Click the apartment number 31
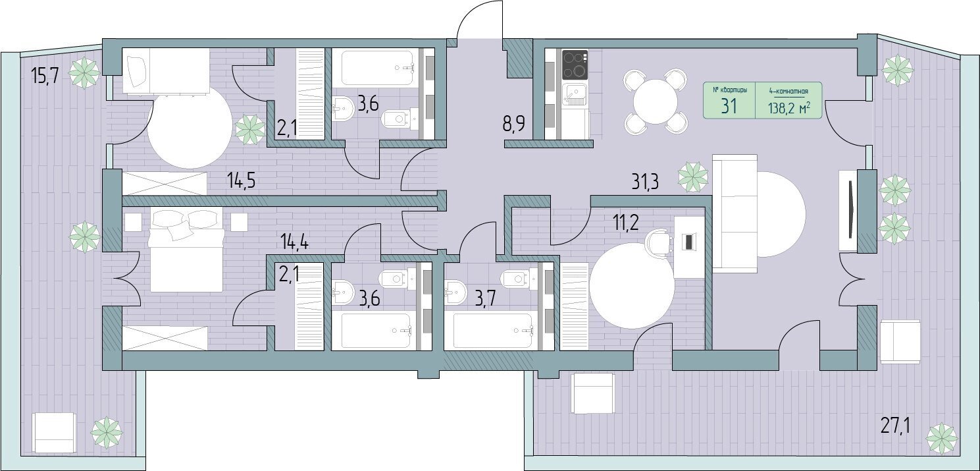[x=729, y=106]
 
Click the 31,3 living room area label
[x=645, y=182]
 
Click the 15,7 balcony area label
[x=45, y=76]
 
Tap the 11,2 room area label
[x=626, y=223]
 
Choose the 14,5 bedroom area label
[x=241, y=180]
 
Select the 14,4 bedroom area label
[x=294, y=241]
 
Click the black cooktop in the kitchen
[x=575, y=64]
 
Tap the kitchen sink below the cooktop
[x=574, y=94]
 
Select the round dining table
[x=656, y=101]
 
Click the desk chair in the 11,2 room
[x=659, y=242]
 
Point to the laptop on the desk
[x=688, y=242]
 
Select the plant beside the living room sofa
[x=693, y=177]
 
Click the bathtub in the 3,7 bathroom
[x=493, y=331]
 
